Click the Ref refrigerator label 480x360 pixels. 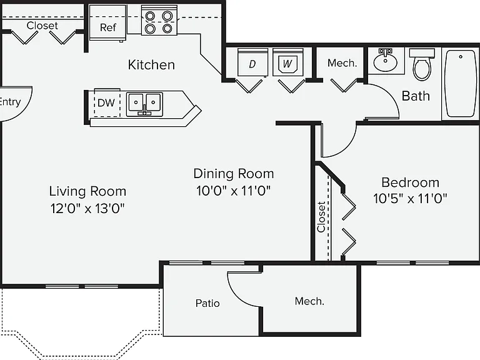click(x=107, y=27)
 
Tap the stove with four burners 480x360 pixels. click(x=159, y=20)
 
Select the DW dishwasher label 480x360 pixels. click(x=106, y=103)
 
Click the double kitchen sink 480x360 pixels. click(x=144, y=104)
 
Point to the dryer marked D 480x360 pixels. click(x=252, y=62)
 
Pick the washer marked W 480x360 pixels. click(x=287, y=62)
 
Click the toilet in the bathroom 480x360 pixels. click(x=422, y=64)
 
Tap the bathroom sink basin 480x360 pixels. click(x=386, y=60)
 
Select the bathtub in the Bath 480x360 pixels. click(x=461, y=84)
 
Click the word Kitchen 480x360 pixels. click(x=151, y=65)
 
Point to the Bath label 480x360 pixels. click(x=416, y=96)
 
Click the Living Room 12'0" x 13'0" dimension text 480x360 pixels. click(x=87, y=209)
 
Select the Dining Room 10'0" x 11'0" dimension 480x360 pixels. click(x=234, y=191)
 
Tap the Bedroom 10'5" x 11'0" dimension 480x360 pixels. click(x=410, y=199)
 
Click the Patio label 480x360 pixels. click(x=207, y=303)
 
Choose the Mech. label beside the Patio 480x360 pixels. click(x=309, y=301)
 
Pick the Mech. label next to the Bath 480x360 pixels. click(x=342, y=63)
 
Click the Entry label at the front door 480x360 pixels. click(x=10, y=102)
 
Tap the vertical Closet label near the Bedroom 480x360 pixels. click(x=321, y=217)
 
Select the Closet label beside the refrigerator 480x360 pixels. click(x=42, y=26)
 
